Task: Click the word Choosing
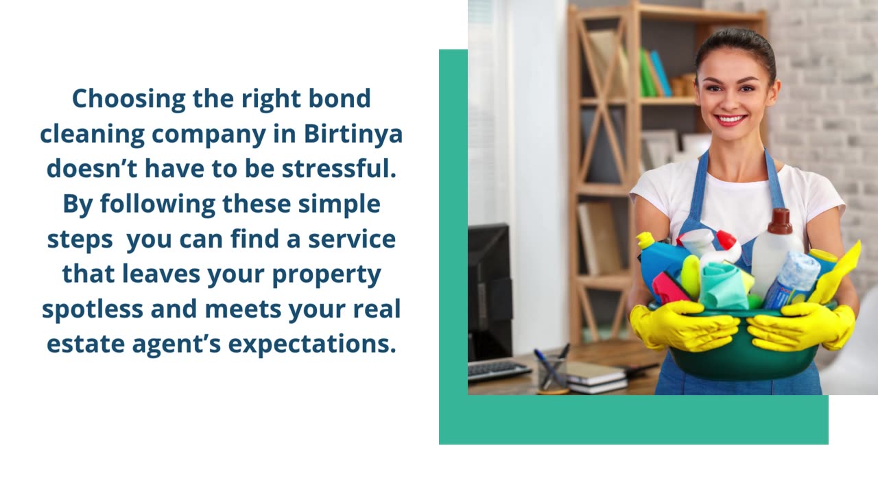pyautogui.click(x=129, y=98)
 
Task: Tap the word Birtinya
pyautogui.click(x=353, y=133)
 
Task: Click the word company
pyautogui.click(x=209, y=133)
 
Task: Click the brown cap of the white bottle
pyautogui.click(x=780, y=221)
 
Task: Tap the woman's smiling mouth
pyautogui.click(x=731, y=119)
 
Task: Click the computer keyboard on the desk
pyautogui.click(x=498, y=370)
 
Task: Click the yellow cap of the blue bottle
pyautogui.click(x=645, y=240)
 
